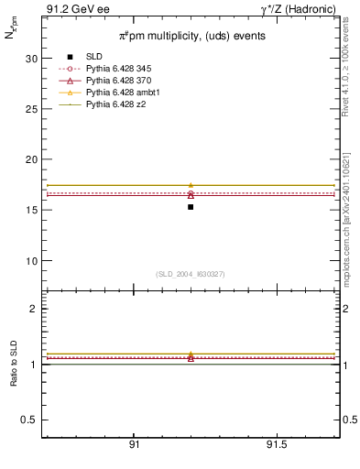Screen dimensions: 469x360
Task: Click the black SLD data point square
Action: [x=191, y=207]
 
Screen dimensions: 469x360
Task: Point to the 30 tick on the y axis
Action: [x=31, y=59]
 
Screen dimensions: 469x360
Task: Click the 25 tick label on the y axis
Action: [x=31, y=109]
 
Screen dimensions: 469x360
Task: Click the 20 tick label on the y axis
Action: [x=31, y=159]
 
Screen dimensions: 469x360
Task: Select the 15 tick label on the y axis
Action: [x=31, y=210]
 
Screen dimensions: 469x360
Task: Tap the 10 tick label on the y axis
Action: [x=31, y=261]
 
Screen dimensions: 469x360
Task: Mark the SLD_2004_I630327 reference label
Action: [x=191, y=274]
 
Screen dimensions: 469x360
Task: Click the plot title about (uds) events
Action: [x=191, y=37]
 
